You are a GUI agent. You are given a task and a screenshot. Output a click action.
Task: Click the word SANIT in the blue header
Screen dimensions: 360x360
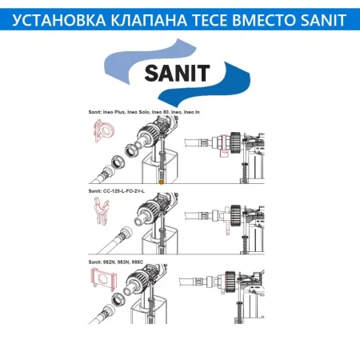click(x=326, y=16)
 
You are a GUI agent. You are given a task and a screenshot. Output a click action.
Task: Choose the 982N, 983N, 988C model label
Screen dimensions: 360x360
click(x=119, y=263)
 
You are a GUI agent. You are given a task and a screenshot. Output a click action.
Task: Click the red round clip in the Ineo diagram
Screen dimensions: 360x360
click(x=102, y=130)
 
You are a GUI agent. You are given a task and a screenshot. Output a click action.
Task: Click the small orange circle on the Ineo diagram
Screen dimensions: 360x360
click(x=161, y=183)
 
